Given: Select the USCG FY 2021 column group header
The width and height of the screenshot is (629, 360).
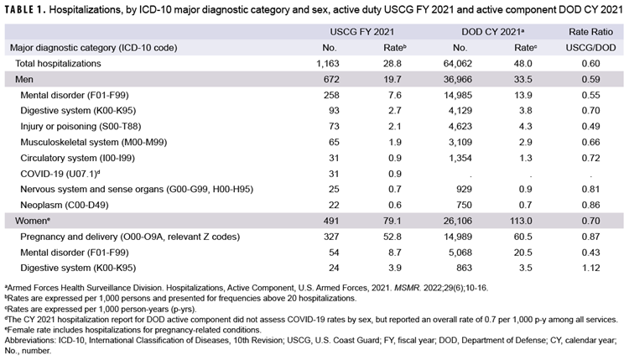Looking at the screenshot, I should coord(361,32).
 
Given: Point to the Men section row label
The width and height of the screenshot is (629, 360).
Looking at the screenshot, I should coord(26,78).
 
